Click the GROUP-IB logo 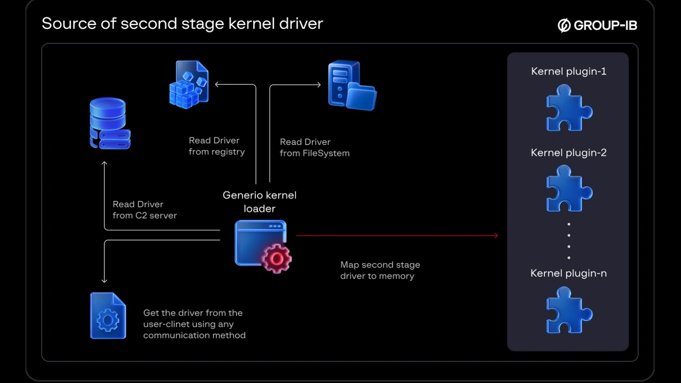597,26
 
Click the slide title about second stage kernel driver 182,24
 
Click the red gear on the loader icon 277,258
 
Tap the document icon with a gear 108,316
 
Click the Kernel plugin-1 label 569,71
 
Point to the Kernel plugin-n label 569,273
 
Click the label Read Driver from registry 217,146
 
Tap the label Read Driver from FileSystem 315,148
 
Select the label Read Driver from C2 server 145,210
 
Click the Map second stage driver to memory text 380,270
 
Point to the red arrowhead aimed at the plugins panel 496,235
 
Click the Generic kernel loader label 260,202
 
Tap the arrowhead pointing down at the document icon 104,280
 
